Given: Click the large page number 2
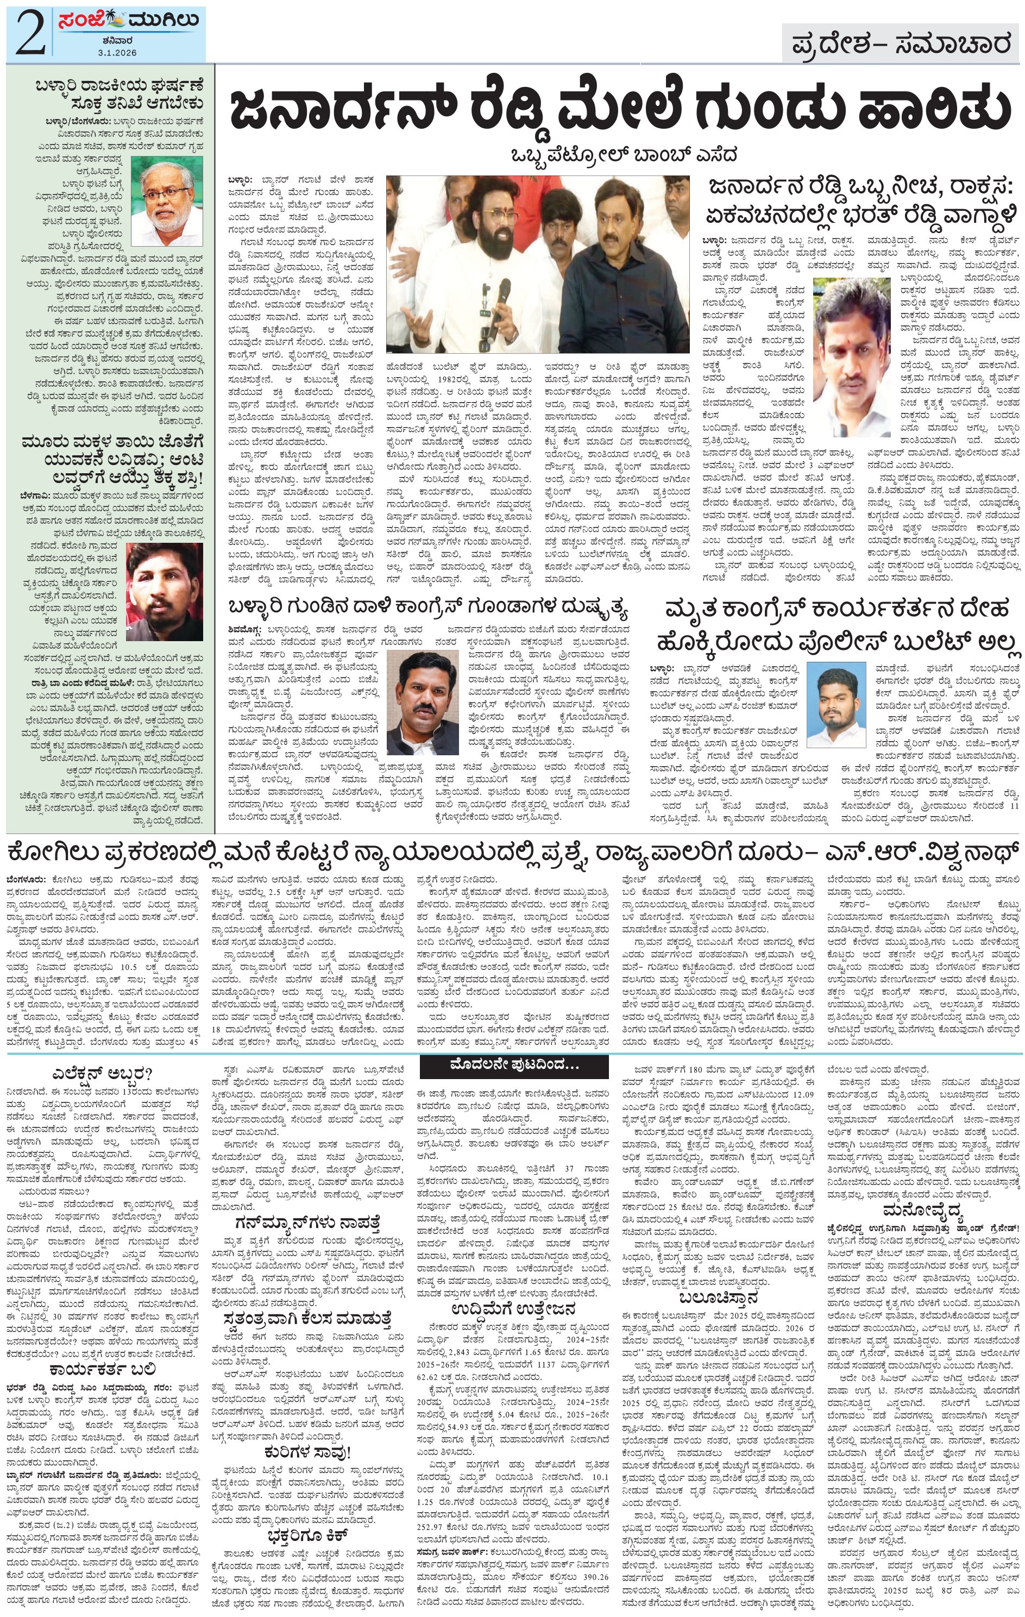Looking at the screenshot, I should click(30, 32).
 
